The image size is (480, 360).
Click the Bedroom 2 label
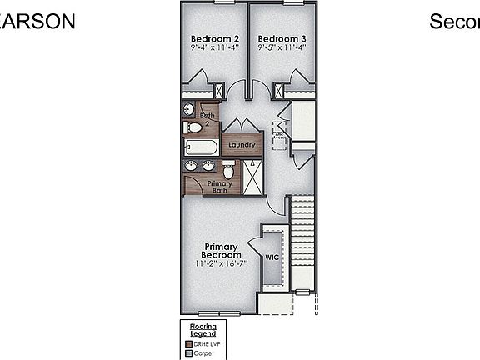215,38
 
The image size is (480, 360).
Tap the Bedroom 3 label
282,38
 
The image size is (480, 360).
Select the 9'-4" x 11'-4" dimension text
215,48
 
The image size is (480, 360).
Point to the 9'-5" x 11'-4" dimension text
282,48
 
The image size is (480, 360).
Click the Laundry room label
242,145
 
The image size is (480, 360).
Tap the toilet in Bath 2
194,127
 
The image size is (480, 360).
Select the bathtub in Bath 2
201,147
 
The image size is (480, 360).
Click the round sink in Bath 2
189,109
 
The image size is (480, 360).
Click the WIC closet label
272,257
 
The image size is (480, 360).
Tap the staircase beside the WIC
302,242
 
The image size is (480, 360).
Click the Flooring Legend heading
203,330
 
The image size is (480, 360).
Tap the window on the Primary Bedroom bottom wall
218,313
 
